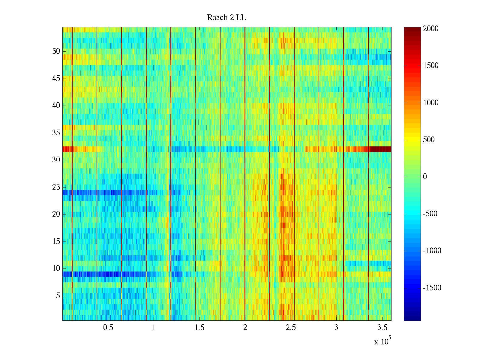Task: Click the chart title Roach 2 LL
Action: [x=226, y=18]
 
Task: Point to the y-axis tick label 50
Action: [x=56, y=51]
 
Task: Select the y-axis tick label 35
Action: [x=56, y=133]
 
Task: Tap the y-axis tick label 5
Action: [x=58, y=296]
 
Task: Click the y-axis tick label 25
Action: [x=56, y=187]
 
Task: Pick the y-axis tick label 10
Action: [x=56, y=268]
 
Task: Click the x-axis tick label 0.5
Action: [x=108, y=328]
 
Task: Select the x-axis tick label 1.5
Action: [x=199, y=328]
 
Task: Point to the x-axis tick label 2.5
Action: [x=291, y=328]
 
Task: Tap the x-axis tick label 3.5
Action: [x=382, y=328]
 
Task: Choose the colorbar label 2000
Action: [x=430, y=29]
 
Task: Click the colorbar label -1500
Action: [x=432, y=288]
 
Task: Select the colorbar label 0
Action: [x=424, y=177]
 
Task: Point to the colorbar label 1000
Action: [x=430, y=103]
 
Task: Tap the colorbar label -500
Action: [x=430, y=214]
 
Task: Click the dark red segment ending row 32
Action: [x=380, y=149]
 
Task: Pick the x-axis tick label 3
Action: [x=336, y=328]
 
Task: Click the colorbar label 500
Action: [x=429, y=140]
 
